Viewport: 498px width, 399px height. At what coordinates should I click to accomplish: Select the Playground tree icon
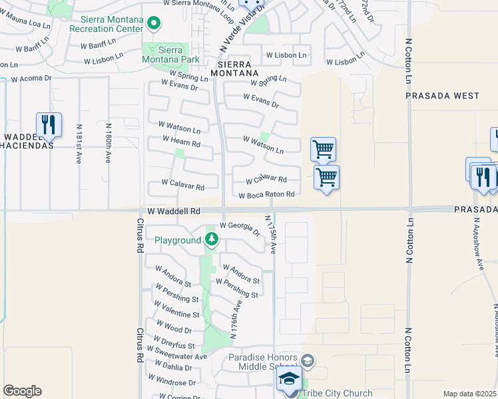coord(212,239)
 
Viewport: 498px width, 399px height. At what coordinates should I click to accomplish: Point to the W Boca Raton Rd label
coord(266,195)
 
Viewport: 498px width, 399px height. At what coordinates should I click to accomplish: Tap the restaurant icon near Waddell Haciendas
coord(49,124)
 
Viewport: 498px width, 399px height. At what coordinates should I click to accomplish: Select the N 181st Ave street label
coord(79,144)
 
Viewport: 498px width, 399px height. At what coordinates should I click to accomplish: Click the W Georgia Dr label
coord(240,228)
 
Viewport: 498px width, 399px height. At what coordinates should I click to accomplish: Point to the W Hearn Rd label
coord(181,142)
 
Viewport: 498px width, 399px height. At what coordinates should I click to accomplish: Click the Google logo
coord(22,391)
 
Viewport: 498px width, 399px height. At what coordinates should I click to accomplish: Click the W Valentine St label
coord(176,310)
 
